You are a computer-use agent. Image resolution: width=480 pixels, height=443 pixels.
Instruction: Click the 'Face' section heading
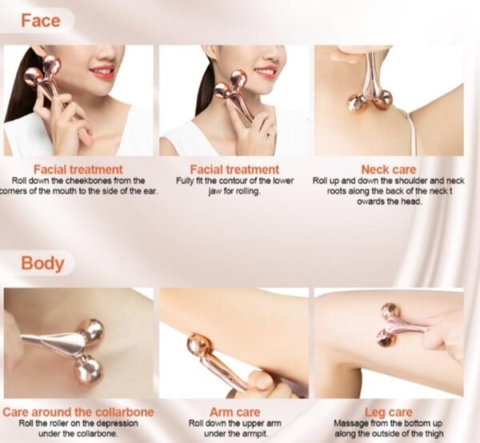click(x=41, y=21)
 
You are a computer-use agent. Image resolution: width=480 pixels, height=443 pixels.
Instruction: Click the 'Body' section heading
click(x=42, y=263)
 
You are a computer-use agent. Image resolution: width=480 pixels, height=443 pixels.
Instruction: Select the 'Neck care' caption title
click(x=389, y=170)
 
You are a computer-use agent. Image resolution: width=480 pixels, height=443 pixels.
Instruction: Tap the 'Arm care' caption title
click(x=234, y=412)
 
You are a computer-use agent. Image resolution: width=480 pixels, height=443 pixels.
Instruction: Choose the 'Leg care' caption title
click(x=389, y=413)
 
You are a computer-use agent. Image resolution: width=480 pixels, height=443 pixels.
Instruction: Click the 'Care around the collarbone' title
click(x=78, y=412)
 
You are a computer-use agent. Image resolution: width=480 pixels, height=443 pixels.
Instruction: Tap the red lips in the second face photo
click(x=265, y=72)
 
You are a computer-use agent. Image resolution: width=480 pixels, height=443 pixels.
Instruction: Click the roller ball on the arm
click(x=197, y=345)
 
